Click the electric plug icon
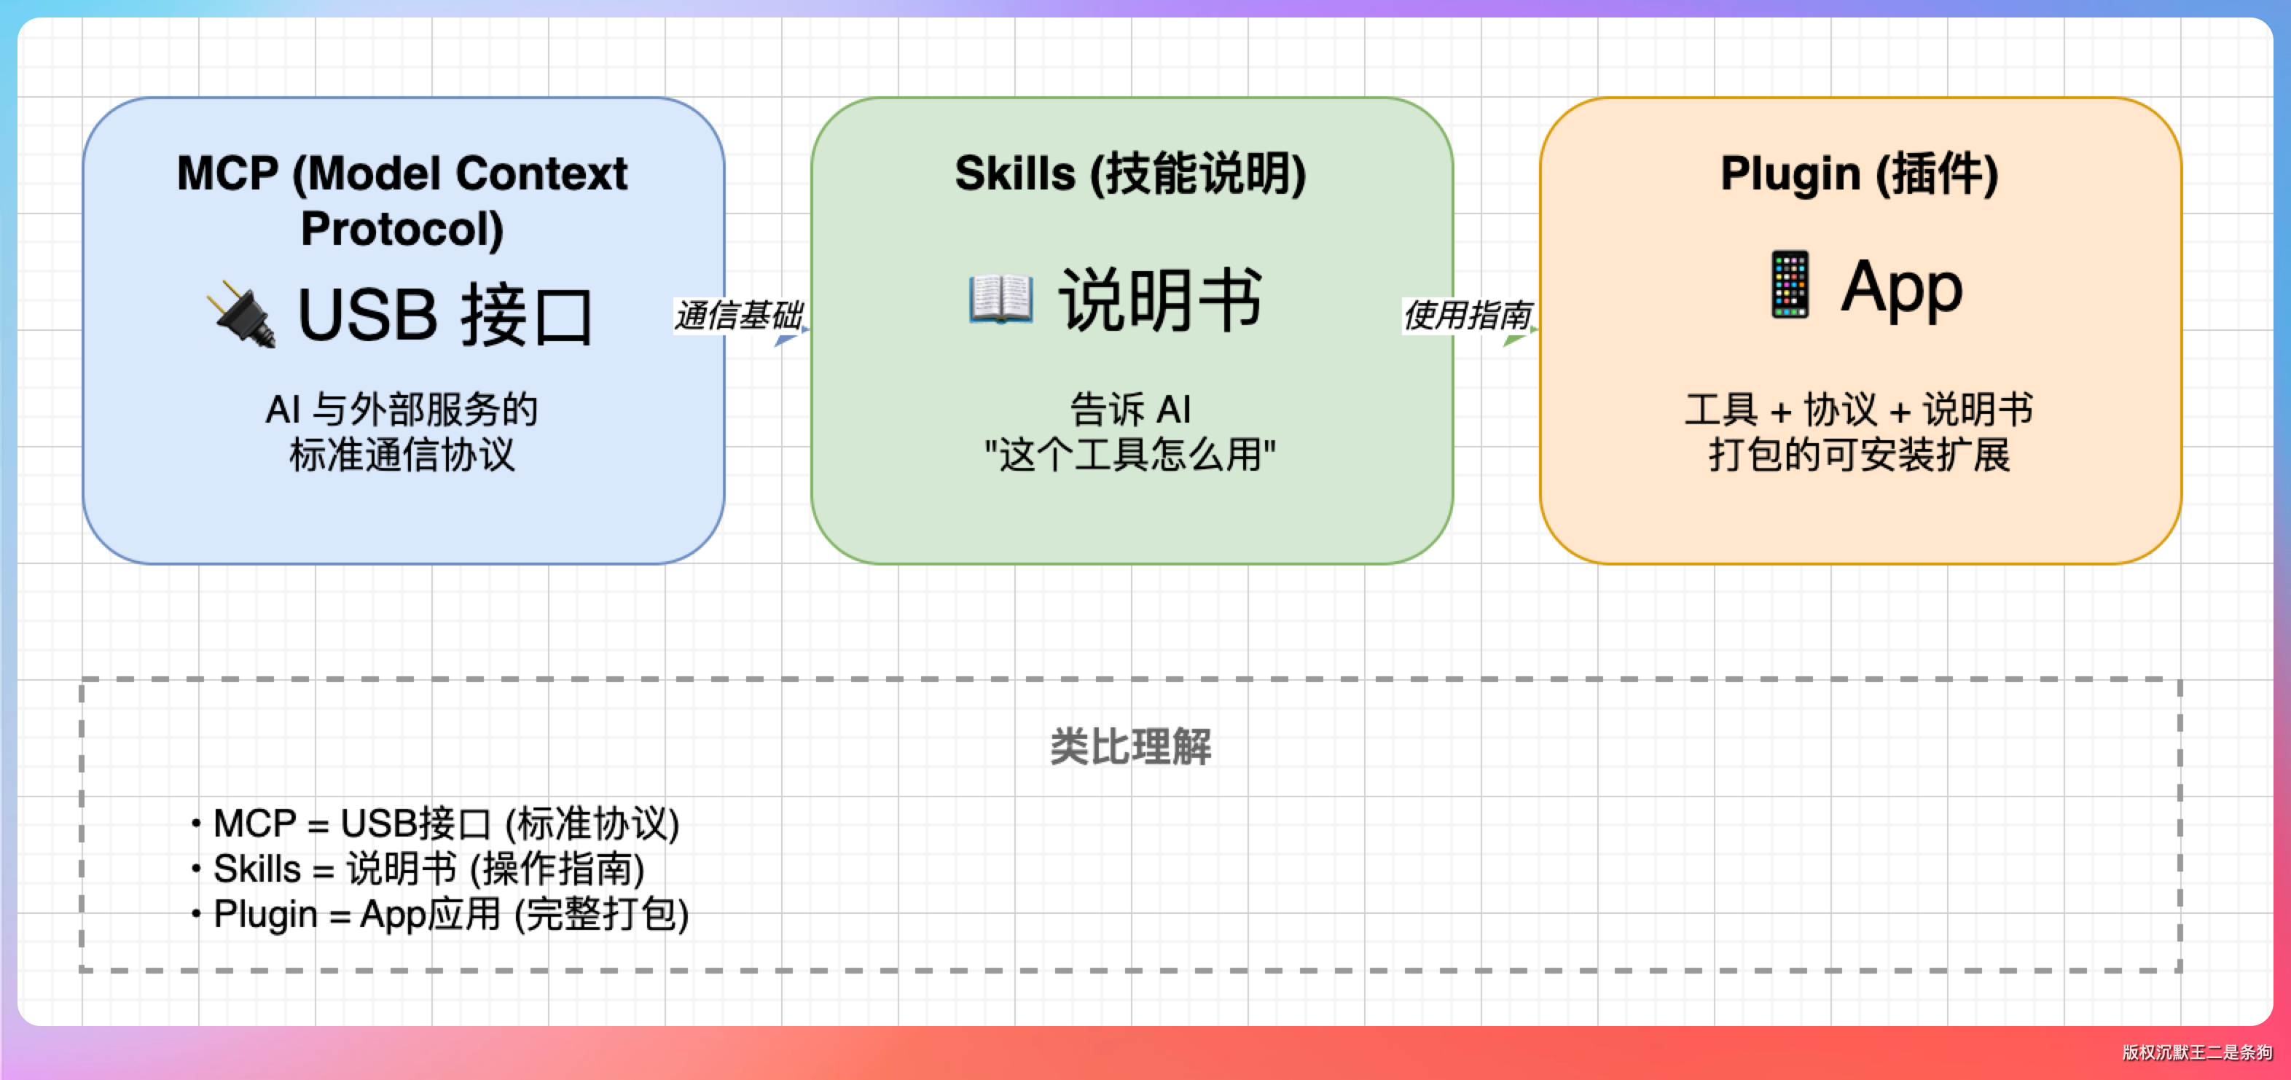pyautogui.click(x=241, y=315)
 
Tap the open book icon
pyautogui.click(x=1000, y=299)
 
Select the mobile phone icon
pyautogui.click(x=1790, y=285)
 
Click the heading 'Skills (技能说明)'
pyautogui.click(x=1130, y=173)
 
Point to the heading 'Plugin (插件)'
pyautogui.click(x=1859, y=173)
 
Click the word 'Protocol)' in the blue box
pyautogui.click(x=402, y=229)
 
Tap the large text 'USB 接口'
pyautogui.click(x=445, y=315)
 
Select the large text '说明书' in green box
pyautogui.click(x=1160, y=300)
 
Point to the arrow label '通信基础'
pyautogui.click(x=737, y=315)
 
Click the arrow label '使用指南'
pyautogui.click(x=1467, y=315)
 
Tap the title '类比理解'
pyautogui.click(x=1130, y=746)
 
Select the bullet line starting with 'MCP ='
pyautogui.click(x=445, y=823)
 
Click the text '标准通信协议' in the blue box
pyautogui.click(x=402, y=455)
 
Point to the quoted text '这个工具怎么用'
pyautogui.click(x=1130, y=455)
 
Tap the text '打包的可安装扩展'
pyautogui.click(x=1859, y=455)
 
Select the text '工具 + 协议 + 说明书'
pyautogui.click(x=1859, y=410)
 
